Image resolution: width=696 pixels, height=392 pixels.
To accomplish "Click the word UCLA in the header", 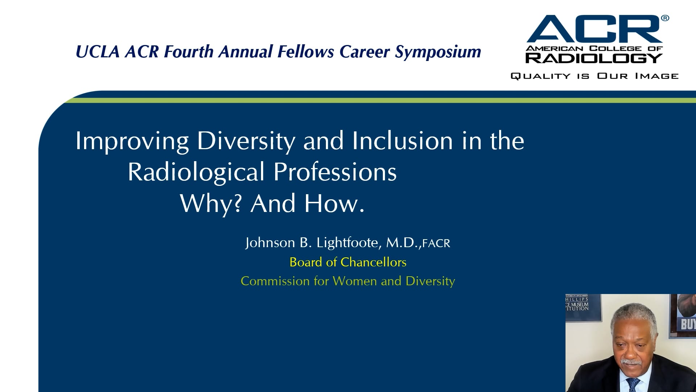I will click(98, 52).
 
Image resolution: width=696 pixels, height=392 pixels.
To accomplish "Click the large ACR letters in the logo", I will click(594, 30).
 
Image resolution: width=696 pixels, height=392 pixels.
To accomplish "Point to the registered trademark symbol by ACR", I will click(665, 18).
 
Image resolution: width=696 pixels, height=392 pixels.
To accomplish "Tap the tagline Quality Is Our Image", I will click(594, 76).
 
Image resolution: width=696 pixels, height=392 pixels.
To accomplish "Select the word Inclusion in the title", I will click(402, 141).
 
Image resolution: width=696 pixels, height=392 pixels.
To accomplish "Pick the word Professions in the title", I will click(335, 172).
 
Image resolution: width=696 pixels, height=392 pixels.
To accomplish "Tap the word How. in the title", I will click(334, 203).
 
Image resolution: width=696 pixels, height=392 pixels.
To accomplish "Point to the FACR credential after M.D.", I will click(436, 244).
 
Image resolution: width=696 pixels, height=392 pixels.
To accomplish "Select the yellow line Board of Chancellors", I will click(348, 262).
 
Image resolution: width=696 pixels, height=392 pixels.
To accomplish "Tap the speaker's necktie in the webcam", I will click(634, 385).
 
